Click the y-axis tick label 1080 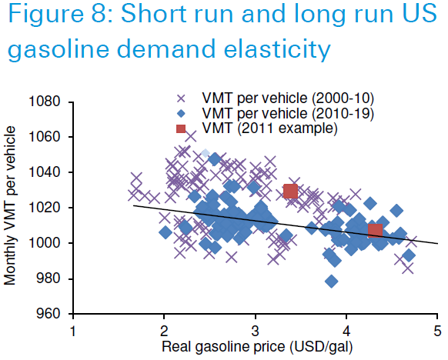pos(45,102)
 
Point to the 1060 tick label pos(45,137)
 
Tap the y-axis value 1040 pos(45,172)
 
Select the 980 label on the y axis pos(48,278)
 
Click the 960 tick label pos(48,314)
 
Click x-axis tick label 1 pos(73,332)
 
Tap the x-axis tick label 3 pos(255,332)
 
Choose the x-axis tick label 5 pos(437,332)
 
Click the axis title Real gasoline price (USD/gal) pos(257,347)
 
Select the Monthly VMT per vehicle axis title pos(9,205)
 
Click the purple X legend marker pos(181,98)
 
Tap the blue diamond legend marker pos(181,114)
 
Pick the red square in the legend pos(181,128)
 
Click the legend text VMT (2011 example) pos(269,128)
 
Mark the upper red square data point pos(291,191)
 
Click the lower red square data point pos(375,231)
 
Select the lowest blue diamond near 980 pos(332,282)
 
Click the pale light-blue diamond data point pos(206,153)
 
